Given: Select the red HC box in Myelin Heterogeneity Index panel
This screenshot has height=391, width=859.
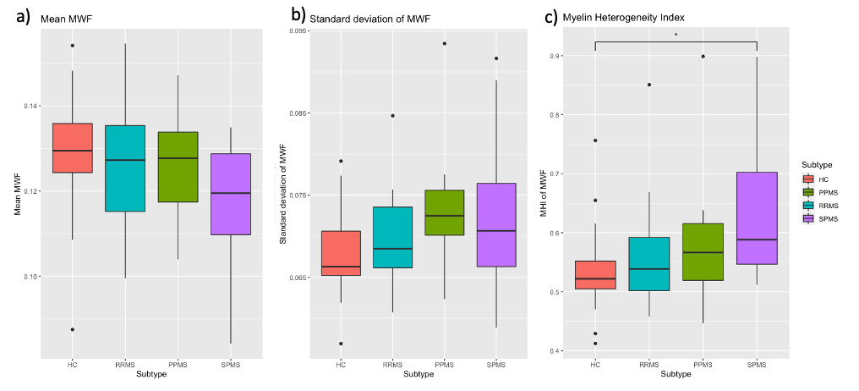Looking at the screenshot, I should point(595,275).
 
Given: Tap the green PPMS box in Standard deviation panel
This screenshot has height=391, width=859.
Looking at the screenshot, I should point(444,212).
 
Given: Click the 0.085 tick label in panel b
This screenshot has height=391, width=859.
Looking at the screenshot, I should point(297,113).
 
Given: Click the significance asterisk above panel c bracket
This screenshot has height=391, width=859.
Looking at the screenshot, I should point(676,35).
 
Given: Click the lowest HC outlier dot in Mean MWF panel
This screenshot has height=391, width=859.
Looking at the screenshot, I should point(72,329).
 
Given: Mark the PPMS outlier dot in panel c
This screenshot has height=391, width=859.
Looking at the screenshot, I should point(703,57).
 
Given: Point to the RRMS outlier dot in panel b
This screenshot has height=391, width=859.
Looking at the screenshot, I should point(392,115).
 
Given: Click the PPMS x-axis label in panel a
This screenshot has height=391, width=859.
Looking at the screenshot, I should point(178,365).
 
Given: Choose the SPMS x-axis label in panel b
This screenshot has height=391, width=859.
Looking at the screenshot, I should point(495,365).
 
